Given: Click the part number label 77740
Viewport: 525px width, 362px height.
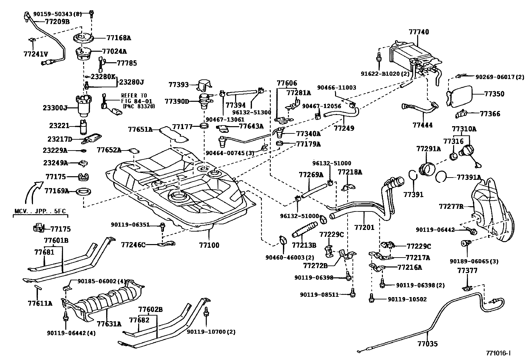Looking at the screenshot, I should tap(419, 32).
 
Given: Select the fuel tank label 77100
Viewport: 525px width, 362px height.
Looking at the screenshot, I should tap(209, 245).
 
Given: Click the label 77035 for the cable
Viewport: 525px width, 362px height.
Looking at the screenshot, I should tap(427, 344).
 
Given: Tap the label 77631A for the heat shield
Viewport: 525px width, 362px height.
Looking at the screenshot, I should tap(109, 324).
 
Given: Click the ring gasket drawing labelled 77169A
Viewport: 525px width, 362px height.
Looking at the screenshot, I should tap(84, 191).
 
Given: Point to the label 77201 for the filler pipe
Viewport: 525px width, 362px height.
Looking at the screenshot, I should tap(364, 227).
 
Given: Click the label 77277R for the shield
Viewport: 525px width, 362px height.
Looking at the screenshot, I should tap(451, 207).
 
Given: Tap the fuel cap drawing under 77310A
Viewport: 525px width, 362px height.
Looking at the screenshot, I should tap(468, 152).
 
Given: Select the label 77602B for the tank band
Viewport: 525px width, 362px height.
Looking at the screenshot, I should tap(150, 309).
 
